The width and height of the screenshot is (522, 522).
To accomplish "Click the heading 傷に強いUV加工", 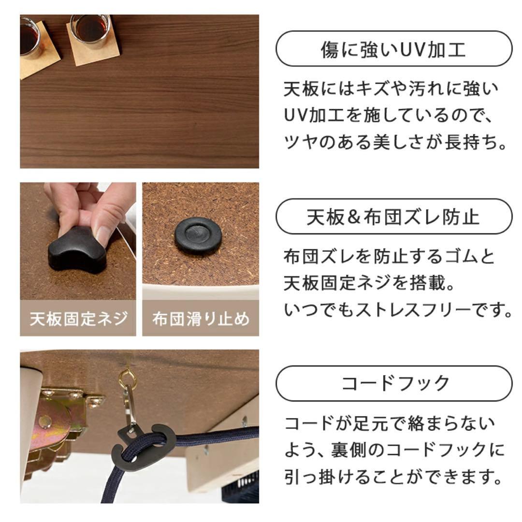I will point(393,49).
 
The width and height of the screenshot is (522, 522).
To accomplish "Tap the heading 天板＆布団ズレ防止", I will point(393,216).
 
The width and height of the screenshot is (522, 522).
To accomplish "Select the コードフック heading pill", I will point(393,383).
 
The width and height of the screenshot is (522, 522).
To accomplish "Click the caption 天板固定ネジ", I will point(78,319).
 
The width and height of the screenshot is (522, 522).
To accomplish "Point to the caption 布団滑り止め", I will point(201,319).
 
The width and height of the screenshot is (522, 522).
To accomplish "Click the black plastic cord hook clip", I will point(141,445).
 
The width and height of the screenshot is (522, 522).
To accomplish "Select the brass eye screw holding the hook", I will point(127,378).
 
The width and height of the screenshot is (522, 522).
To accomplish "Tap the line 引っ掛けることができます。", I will point(391,478).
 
